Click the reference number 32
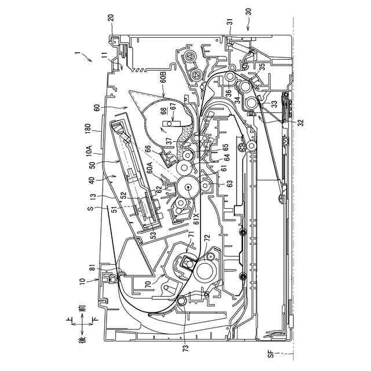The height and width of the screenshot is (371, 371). tap(300, 122)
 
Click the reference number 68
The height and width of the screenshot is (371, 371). tap(164, 111)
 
